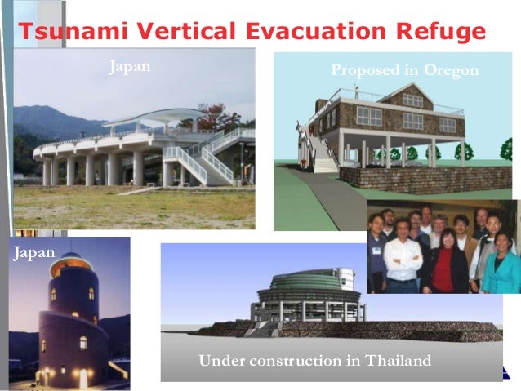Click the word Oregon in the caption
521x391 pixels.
click(x=451, y=71)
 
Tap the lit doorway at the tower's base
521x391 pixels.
click(x=82, y=377)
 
